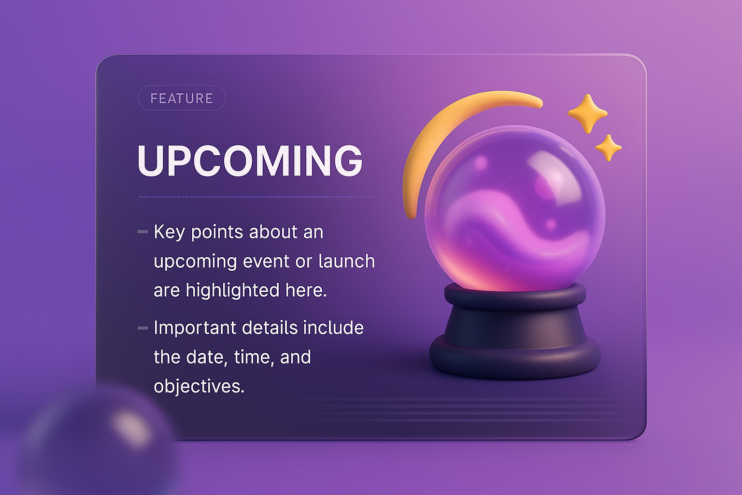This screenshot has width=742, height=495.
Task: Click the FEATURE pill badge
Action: pyautogui.click(x=182, y=98)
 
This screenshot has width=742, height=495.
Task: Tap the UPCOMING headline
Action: pyautogui.click(x=250, y=161)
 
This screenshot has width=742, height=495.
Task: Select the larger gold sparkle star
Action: pyautogui.click(x=587, y=114)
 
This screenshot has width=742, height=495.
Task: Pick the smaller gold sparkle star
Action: pyautogui.click(x=608, y=147)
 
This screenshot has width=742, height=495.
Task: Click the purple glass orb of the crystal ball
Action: pyautogui.click(x=515, y=208)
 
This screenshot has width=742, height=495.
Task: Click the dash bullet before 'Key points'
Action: pyautogui.click(x=143, y=232)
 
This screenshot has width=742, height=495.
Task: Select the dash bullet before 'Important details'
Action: pyautogui.click(x=143, y=328)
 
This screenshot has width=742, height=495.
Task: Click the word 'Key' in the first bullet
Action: pyautogui.click(x=169, y=233)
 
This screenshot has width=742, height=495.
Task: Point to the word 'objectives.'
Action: pyautogui.click(x=199, y=386)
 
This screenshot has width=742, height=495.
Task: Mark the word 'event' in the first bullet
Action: pyautogui.click(x=266, y=262)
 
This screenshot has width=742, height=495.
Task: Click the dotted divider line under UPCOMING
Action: pyautogui.click(x=256, y=197)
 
